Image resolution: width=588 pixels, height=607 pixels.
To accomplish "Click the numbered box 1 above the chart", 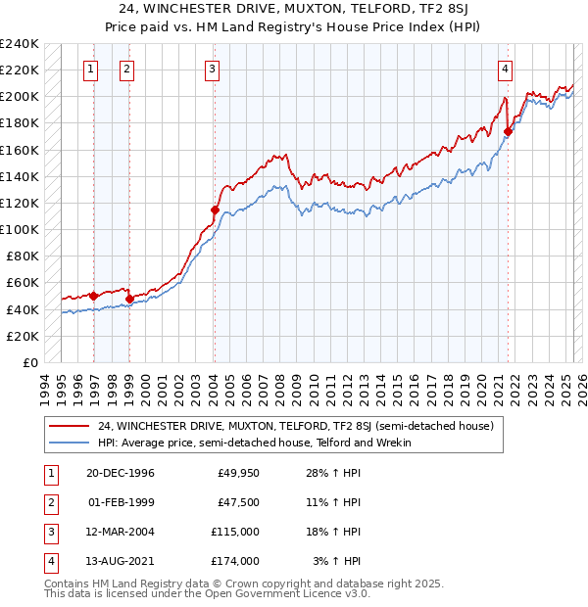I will (x=90, y=69).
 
